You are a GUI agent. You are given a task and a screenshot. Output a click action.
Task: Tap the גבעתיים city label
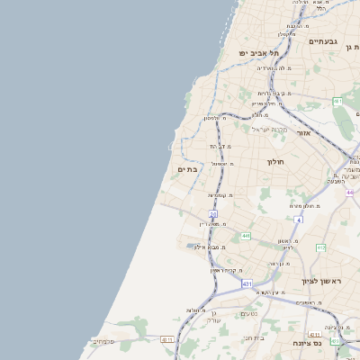pyautogui.click(x=322, y=41)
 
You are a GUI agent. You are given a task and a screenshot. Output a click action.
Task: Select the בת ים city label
pyautogui.click(x=187, y=169)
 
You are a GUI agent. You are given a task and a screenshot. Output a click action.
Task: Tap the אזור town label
pyautogui.click(x=303, y=132)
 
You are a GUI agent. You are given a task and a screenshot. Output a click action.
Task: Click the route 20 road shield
pyautogui.click(x=213, y=213)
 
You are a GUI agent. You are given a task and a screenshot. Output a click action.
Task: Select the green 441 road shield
pyautogui.click(x=246, y=237)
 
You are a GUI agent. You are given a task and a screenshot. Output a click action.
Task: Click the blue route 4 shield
pyautogui.click(x=298, y=219)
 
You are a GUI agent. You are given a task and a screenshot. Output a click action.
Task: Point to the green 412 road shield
pyautogui.click(x=321, y=247)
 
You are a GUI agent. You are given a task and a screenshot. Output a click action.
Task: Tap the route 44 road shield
pyautogui.click(x=349, y=193)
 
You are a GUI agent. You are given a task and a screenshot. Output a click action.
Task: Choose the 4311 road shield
pyautogui.click(x=166, y=339)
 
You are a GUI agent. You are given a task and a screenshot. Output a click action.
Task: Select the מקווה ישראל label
pyautogui.click(x=267, y=129)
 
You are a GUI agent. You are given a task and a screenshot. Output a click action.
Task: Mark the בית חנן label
pyautogui.click(x=254, y=337)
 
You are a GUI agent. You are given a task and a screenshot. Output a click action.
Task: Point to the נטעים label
pyautogui.click(x=249, y=313)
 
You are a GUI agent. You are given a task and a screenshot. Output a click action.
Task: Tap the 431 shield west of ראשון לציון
pyautogui.click(x=247, y=283)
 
